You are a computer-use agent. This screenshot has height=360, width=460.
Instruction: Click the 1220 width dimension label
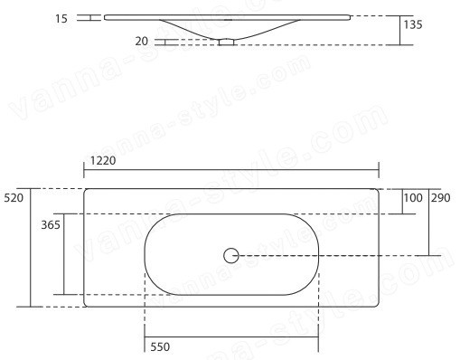103,161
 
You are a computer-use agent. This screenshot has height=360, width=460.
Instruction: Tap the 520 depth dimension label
14,198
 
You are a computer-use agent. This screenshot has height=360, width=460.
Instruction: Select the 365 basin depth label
51,225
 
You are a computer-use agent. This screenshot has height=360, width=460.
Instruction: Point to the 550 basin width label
160,347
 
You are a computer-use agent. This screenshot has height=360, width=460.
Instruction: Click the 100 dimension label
413,198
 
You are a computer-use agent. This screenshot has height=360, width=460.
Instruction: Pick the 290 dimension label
441,198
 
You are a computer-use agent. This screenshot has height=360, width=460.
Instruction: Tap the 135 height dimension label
413,24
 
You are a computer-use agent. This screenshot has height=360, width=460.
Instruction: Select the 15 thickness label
61,19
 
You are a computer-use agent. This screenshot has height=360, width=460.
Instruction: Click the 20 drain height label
142,42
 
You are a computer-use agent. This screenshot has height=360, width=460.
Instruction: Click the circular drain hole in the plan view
231,256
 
